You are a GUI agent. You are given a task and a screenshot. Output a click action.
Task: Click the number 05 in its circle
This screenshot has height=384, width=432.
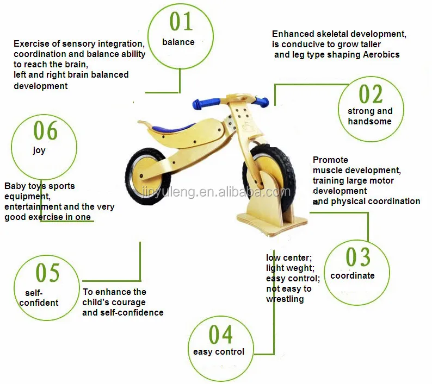[47, 272]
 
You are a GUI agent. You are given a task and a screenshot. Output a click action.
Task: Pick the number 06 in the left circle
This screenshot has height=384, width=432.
[45, 130]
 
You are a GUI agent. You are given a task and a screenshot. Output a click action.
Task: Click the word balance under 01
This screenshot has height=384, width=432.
[178, 42]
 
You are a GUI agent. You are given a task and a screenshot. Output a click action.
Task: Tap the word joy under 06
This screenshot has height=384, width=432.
[39, 150]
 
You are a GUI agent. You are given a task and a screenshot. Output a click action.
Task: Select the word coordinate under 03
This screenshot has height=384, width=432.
[353, 275]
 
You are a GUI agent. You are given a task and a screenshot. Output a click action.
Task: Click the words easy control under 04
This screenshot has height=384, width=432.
[219, 351]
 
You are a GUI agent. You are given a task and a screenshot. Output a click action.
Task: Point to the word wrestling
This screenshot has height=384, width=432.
[285, 299]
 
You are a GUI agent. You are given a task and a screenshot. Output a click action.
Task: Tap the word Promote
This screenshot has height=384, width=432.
[330, 160]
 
